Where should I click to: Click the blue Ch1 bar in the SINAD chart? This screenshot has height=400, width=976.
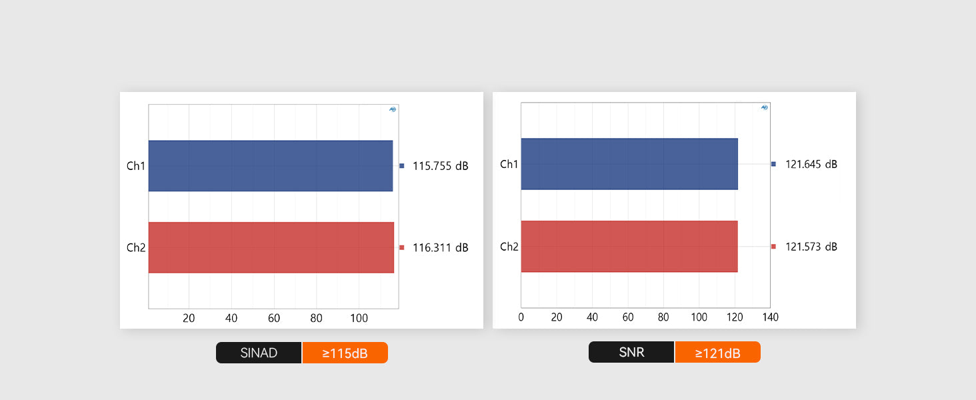pos(270,166)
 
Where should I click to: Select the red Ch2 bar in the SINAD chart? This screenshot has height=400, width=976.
pos(271,247)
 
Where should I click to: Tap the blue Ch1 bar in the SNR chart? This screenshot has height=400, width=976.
pos(629,164)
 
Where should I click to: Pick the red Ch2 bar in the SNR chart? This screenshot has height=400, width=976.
pos(629,247)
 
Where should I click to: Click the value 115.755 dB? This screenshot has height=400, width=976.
pos(440,166)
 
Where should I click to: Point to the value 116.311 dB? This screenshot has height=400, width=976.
pos(440,248)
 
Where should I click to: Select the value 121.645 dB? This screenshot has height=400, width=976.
pos(811,164)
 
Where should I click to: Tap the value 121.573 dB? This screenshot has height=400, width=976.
pos(811,247)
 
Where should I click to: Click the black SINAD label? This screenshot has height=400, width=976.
pos(259,353)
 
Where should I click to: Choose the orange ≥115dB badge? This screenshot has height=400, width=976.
pos(345,353)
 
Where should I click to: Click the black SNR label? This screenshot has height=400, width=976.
pos(631,352)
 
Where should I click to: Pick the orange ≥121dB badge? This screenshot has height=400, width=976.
pos(717,353)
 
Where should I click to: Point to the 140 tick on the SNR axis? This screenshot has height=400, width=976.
pos(770,317)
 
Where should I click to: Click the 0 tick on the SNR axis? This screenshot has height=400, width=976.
pos(521,317)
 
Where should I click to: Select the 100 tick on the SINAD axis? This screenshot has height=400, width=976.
pos(359,318)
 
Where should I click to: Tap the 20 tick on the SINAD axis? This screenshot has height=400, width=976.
pos(189,318)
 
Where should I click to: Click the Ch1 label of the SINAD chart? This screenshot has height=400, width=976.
pos(136,166)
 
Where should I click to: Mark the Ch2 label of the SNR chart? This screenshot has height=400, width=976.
pos(509,247)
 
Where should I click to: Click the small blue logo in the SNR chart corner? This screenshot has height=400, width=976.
pos(765,107)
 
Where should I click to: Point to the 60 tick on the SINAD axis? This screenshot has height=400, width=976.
pos(274,318)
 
